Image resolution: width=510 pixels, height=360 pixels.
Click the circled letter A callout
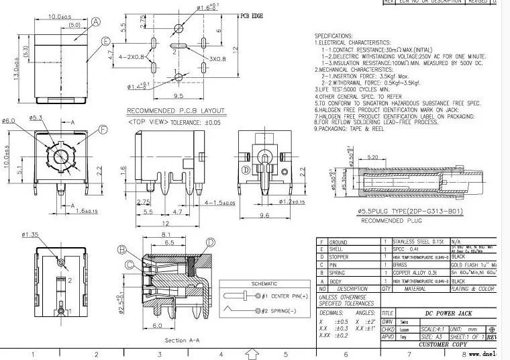(x=95, y=22)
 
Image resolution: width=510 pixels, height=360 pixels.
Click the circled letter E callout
(x=106, y=40)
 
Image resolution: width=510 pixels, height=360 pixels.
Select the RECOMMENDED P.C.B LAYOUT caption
(x=176, y=111)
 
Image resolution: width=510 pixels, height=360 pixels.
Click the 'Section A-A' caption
(x=184, y=341)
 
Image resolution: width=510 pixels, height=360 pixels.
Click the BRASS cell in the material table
(x=401, y=265)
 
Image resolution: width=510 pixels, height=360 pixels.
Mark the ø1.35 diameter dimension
(x=31, y=235)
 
